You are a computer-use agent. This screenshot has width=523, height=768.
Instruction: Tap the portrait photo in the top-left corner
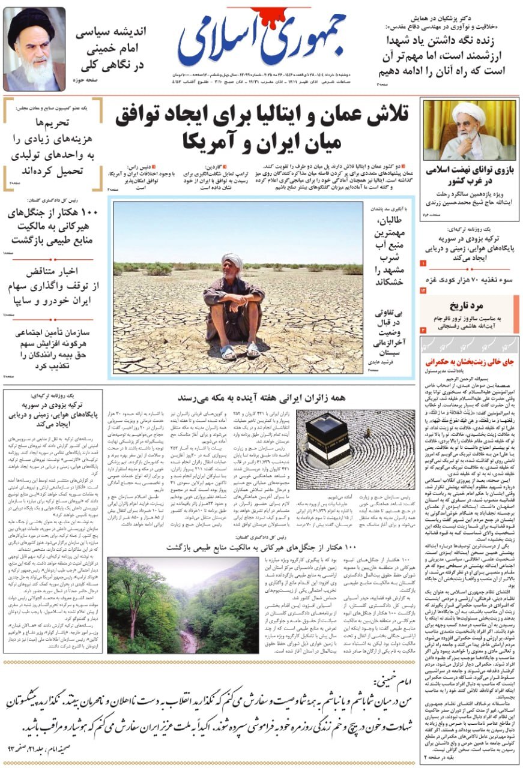coord(34,48)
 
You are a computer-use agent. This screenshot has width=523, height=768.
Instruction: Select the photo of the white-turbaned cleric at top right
coord(470,130)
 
